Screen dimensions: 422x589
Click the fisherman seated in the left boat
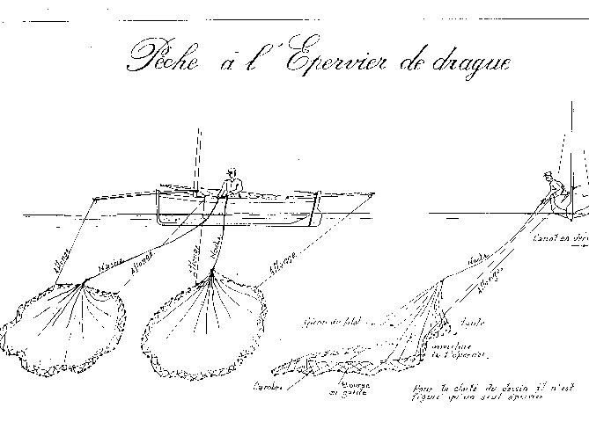(x=232, y=184)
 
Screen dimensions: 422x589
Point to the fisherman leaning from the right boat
(x=550, y=189)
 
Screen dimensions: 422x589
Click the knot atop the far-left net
(x=83, y=282)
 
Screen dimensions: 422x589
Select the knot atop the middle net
(x=213, y=273)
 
